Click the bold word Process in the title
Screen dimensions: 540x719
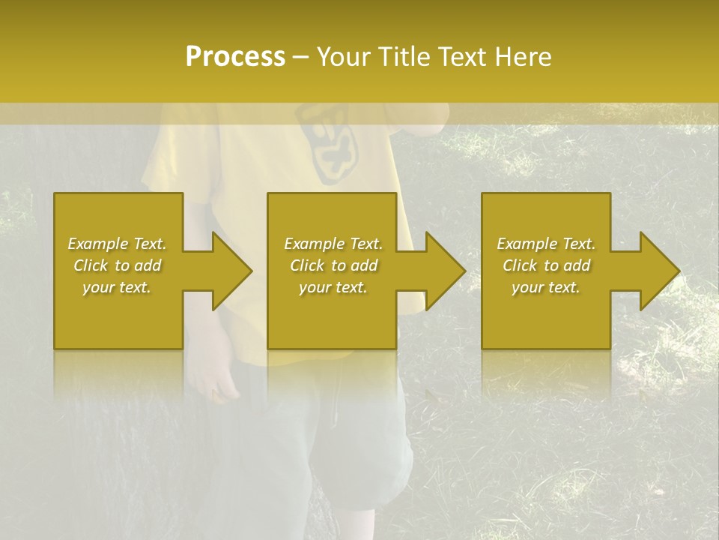tap(235, 57)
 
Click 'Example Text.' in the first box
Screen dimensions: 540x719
tap(117, 244)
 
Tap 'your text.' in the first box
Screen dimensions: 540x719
tap(117, 287)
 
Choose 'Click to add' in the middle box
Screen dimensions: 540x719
tap(333, 265)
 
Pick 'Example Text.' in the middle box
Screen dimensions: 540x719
tap(333, 244)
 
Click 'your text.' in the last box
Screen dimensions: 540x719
tap(546, 287)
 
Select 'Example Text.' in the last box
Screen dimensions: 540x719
tap(546, 244)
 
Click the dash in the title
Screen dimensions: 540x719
tap(301, 58)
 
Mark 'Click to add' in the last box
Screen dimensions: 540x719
tap(546, 265)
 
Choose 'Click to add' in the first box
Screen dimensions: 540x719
tap(117, 265)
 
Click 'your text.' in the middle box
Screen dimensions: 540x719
tap(333, 287)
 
